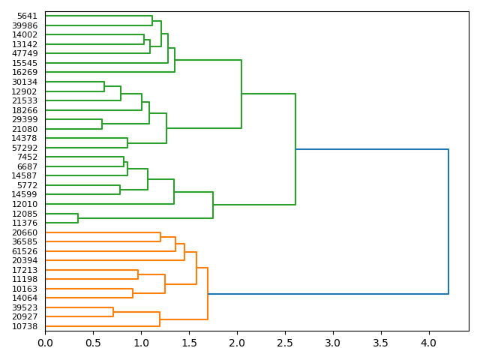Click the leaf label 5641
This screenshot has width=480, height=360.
[27, 16]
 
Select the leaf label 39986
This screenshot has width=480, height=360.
[25, 25]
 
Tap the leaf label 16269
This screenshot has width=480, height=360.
[25, 73]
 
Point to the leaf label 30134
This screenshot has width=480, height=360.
[25, 82]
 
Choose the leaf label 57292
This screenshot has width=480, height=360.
[25, 148]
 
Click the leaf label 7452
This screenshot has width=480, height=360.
[27, 157]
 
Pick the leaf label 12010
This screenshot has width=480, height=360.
[25, 204]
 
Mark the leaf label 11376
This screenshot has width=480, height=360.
[25, 223]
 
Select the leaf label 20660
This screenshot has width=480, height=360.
[25, 232]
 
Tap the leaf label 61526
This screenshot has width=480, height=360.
[25, 251]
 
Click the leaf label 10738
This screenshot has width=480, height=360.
[25, 326]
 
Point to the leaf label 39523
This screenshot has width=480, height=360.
[25, 307]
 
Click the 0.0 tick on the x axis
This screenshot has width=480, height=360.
[45, 343]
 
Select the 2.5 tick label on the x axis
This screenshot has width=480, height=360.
[285, 343]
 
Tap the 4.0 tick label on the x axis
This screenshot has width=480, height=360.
[429, 343]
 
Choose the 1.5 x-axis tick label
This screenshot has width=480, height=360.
[189, 343]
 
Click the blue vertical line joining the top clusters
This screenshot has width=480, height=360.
[448, 221]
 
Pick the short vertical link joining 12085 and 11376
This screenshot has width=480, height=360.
[78, 218]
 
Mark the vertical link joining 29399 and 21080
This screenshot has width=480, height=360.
[102, 124]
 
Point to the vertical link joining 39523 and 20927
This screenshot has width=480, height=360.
[113, 312]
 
